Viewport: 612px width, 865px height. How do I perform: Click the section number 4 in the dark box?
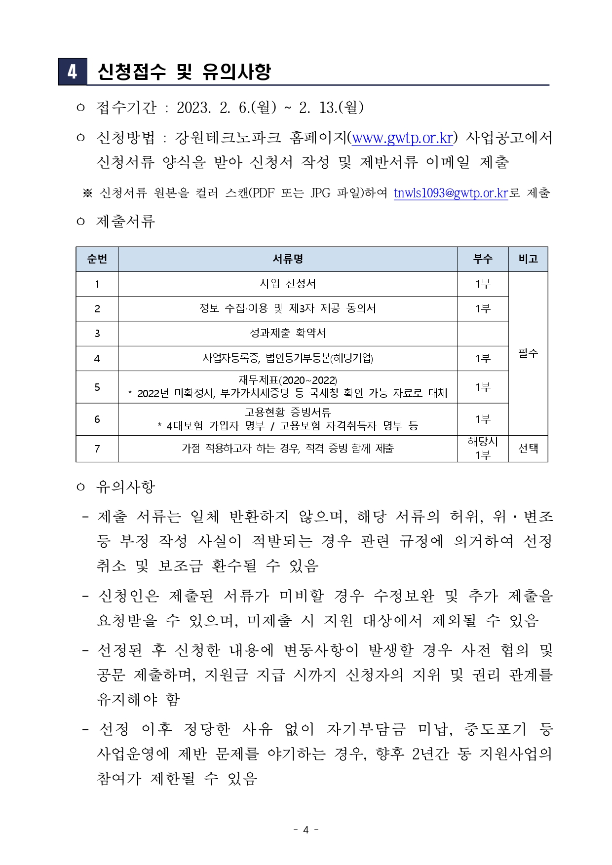[72, 72]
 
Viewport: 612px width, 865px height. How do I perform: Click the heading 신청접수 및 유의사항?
[184, 72]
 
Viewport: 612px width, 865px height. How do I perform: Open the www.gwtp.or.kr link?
[402, 138]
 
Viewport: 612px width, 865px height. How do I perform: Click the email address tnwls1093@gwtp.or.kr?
[451, 193]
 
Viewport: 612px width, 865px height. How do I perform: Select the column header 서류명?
[288, 259]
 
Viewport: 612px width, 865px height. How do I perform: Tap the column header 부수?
[482, 259]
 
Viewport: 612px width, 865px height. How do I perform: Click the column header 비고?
[528, 259]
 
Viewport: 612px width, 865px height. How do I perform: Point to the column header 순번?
[97, 259]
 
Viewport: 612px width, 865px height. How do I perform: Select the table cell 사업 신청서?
[288, 284]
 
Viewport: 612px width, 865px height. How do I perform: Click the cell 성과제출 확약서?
[288, 333]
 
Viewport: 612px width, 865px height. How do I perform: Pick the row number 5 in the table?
[97, 387]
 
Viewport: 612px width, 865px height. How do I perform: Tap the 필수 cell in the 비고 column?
[528, 353]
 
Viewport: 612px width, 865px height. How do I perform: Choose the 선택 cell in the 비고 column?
[528, 449]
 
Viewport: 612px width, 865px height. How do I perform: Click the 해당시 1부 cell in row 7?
[482, 449]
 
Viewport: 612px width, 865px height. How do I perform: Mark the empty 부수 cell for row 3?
[482, 334]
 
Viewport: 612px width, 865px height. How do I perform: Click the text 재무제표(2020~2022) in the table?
[288, 380]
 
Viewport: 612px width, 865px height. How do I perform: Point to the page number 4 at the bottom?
[306, 829]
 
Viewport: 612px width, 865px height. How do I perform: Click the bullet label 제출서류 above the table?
[126, 221]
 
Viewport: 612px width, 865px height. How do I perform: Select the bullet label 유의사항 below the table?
[126, 487]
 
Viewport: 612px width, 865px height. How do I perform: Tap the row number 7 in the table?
[97, 449]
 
